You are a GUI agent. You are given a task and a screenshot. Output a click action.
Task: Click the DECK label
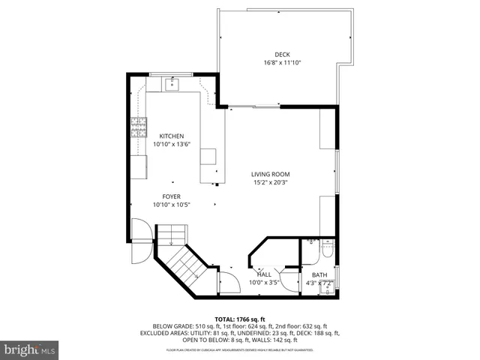coord(282,54)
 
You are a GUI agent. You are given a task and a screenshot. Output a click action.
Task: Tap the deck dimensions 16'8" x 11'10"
coord(282,62)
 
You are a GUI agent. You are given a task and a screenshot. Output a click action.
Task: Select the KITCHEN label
coord(171,136)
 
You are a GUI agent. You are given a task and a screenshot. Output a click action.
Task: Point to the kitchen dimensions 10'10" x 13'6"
coord(171,144)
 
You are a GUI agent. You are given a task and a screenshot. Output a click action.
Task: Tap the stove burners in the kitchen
coord(139,127)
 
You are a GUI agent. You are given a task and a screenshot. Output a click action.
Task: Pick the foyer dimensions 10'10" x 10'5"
coord(172,205)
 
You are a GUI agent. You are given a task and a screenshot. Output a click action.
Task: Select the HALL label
coord(264,274)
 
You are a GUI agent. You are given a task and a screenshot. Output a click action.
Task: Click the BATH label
coord(319,275)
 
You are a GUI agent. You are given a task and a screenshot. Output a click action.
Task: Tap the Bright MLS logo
coord(30,349)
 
